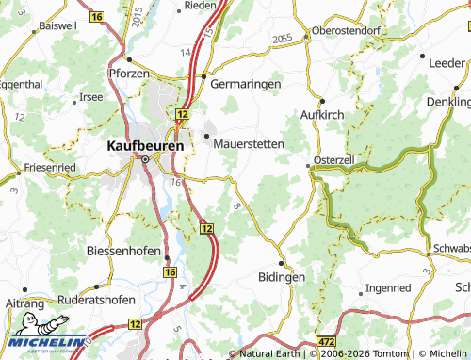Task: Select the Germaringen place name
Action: [x=246, y=84]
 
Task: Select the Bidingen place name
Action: [x=281, y=278]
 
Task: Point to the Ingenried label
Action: [x=388, y=287]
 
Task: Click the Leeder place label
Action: [x=447, y=62]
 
